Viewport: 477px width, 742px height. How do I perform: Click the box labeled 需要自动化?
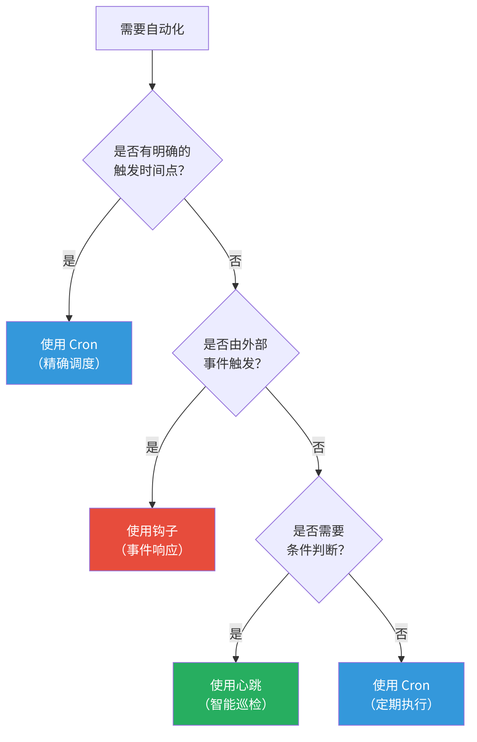point(152,28)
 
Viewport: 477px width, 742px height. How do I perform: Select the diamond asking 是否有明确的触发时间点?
point(153,160)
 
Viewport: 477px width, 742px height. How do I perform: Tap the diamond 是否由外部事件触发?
point(236,353)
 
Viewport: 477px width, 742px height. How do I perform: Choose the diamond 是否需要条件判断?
point(319,540)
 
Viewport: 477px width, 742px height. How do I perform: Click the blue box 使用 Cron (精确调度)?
point(69,353)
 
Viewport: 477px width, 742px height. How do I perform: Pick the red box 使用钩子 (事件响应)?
point(152,540)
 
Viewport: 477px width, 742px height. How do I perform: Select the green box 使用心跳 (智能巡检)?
point(236,694)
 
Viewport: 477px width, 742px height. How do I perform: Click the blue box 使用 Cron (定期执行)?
point(401,694)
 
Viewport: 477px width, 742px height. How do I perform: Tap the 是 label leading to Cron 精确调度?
point(69,260)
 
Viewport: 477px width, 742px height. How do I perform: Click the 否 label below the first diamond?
point(235,261)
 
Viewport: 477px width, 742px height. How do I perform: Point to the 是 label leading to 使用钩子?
point(152,447)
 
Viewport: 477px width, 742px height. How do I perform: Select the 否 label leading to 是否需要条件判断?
point(318,447)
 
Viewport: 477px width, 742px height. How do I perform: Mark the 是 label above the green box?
point(236,633)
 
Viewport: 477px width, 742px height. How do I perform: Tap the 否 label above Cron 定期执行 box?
point(401,633)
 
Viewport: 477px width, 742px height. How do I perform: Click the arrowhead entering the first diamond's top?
point(152,87)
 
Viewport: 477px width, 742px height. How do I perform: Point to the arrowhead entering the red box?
point(152,505)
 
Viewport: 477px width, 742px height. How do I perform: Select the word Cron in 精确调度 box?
point(83,345)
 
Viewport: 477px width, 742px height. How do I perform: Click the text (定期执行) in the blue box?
point(401,704)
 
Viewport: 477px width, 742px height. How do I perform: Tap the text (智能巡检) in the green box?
point(236,704)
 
